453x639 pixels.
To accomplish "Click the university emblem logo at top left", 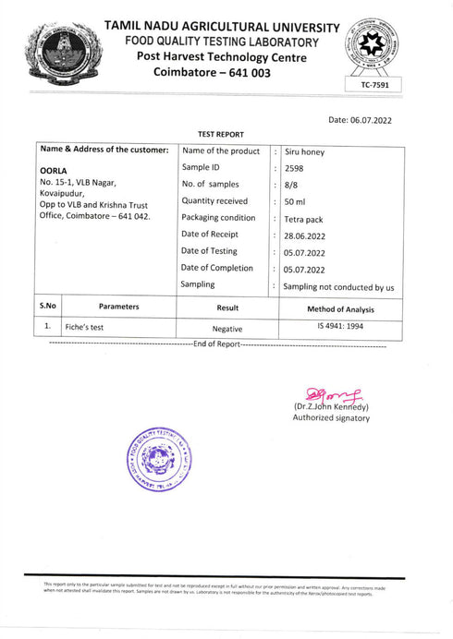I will click(x=63, y=49).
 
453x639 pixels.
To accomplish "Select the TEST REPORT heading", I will click(x=221, y=135).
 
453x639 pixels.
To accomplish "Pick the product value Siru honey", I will click(x=307, y=151).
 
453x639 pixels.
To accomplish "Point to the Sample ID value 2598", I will click(x=295, y=168).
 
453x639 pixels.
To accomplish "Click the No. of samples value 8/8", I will click(x=291, y=185).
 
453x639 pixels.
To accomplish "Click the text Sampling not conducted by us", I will click(x=338, y=287).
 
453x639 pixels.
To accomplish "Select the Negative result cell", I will click(x=226, y=328).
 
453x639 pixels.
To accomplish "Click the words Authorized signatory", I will click(x=331, y=418).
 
